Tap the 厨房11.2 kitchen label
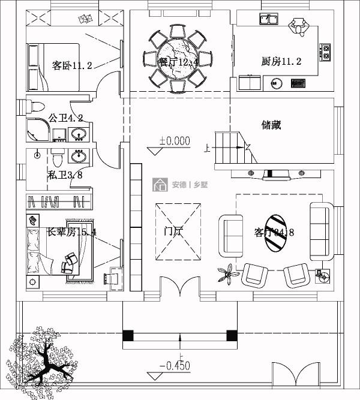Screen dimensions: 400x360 281,61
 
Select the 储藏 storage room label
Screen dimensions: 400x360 271,125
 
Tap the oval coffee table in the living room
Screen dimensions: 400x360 276,233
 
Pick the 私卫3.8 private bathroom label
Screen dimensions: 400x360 64,175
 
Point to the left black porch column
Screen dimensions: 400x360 127,336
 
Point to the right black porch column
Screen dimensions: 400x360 230,336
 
